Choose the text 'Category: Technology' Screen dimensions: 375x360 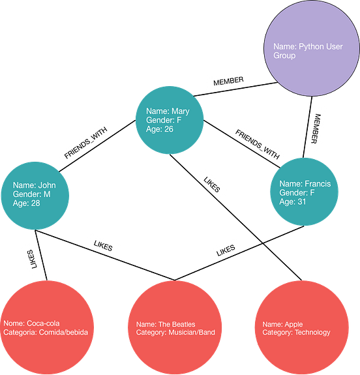tap(296, 333)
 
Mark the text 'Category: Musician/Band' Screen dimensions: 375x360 tap(175, 333)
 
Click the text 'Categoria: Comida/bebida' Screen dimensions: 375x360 tap(45, 333)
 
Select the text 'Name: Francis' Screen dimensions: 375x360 tap(305, 184)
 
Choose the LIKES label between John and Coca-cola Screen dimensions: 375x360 tap(31, 258)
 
